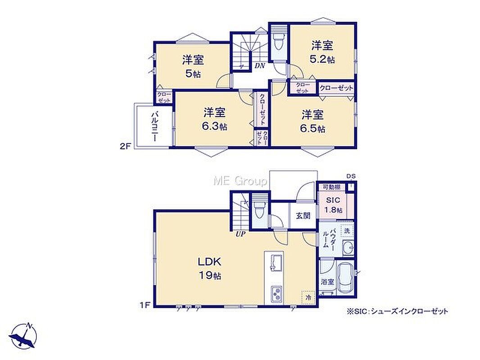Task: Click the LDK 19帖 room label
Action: point(209,268)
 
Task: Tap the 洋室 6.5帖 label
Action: point(313,121)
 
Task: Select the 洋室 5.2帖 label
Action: point(322,52)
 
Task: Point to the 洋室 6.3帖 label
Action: point(215,119)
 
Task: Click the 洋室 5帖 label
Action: point(193,66)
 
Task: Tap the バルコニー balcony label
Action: point(155,126)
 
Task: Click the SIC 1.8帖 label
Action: point(333,205)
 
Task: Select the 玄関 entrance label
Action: point(303,216)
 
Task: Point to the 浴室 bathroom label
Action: point(327,282)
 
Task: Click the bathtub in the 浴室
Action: point(345,278)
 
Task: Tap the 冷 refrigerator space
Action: point(308,297)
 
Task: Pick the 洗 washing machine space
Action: point(347,230)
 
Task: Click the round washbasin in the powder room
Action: point(348,247)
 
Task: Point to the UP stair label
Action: point(240,235)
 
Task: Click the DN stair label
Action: point(260,66)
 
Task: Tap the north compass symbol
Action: point(23,336)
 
